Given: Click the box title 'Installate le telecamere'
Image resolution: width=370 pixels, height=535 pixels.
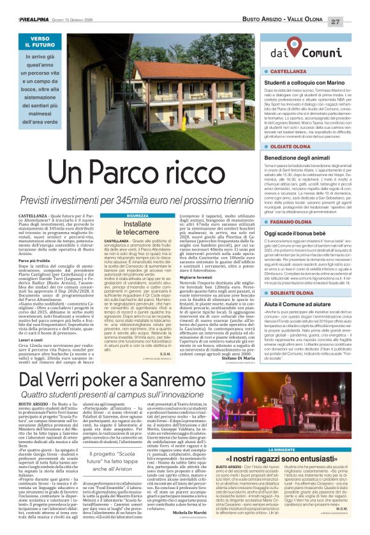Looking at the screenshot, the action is point(137,228).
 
